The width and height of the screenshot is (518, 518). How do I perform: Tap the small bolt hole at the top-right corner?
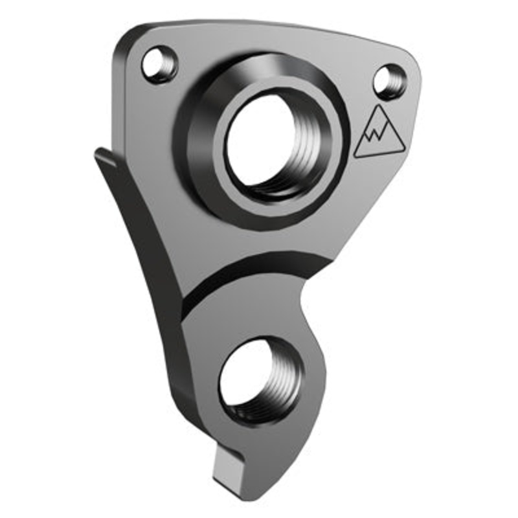pyautogui.click(x=390, y=80)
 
